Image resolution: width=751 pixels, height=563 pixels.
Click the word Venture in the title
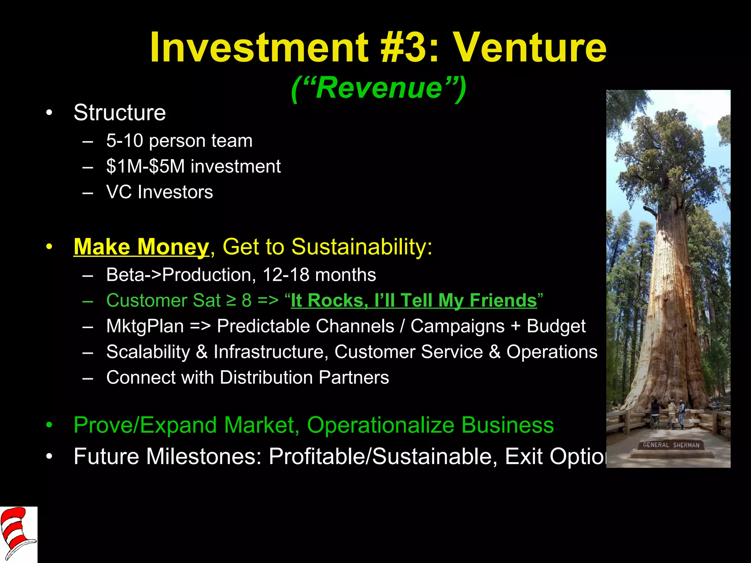(530, 48)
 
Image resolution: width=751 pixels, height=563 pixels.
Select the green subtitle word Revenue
(379, 88)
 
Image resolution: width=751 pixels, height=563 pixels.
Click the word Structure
(120, 113)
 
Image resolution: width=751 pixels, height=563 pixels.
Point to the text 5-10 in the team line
(124, 141)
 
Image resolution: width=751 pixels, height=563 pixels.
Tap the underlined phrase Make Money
(141, 247)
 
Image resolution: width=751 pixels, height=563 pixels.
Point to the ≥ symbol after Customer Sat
(231, 301)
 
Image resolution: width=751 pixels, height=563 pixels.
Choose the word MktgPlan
(145, 326)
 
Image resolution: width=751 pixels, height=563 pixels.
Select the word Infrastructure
(269, 352)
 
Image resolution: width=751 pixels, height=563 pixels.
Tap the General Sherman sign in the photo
(671, 445)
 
